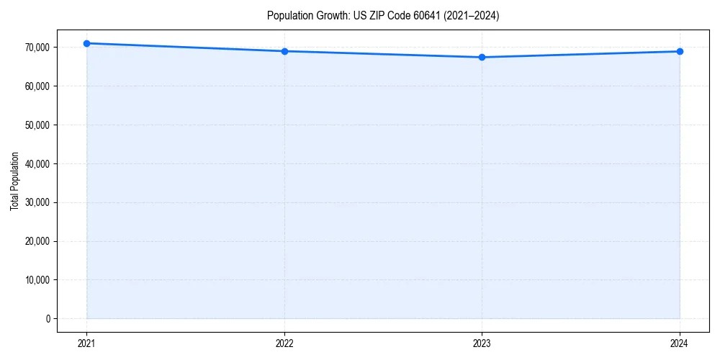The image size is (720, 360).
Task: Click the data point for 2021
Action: [86, 43]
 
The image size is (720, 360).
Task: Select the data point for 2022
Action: [284, 51]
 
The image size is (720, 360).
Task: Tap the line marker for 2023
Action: [482, 57]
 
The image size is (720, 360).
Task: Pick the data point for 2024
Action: [680, 51]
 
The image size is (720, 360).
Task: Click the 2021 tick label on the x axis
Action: [86, 343]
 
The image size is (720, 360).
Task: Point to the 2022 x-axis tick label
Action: [284, 343]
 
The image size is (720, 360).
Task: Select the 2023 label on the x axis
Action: [482, 343]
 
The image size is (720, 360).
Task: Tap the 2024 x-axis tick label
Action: [680, 343]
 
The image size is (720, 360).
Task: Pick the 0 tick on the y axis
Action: [48, 318]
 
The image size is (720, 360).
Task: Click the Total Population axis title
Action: [14, 181]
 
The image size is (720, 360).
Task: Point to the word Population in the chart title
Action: [287, 16]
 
